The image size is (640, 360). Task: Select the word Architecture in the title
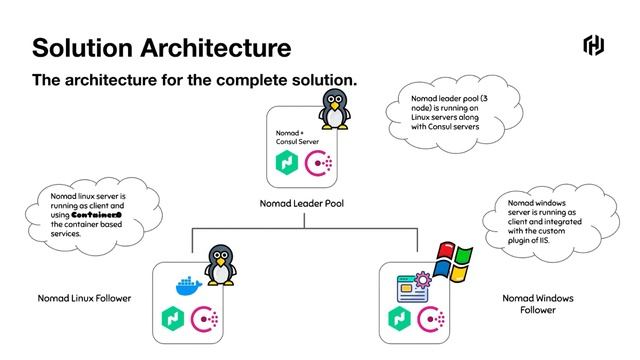coord(222,47)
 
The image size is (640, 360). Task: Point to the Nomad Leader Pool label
coord(303,203)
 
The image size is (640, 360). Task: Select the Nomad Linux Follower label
coord(84,298)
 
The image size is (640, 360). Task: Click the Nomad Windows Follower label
coord(539,304)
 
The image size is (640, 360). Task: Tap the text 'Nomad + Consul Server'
coord(296,137)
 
